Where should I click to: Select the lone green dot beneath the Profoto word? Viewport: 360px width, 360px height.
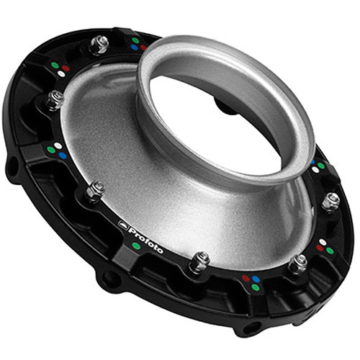tap(137, 246)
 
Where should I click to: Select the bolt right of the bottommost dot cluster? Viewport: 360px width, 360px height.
tap(297, 263)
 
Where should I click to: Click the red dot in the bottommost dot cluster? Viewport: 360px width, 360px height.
tap(246, 278)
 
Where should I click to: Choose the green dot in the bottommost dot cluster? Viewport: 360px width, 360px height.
tap(255, 287)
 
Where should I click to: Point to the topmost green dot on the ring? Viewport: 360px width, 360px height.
tap(134, 40)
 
